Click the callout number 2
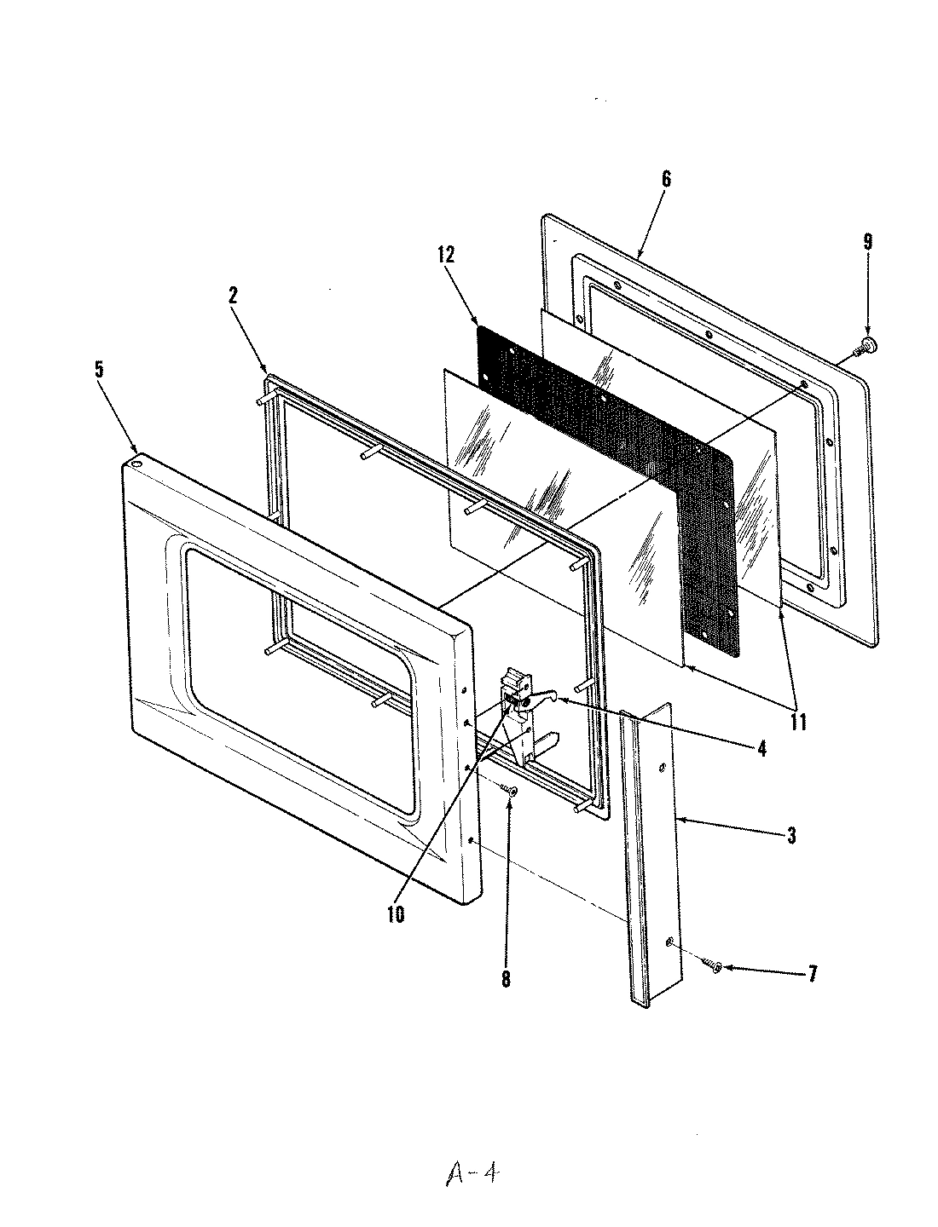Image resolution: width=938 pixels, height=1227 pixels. tap(232, 296)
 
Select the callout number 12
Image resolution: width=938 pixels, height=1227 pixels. tap(448, 255)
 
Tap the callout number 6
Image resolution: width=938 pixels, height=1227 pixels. tap(666, 179)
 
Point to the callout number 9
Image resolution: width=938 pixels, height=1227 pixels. tap(867, 242)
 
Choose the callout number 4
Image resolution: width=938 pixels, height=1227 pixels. tap(761, 749)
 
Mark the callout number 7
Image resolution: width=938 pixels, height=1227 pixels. tap(811, 974)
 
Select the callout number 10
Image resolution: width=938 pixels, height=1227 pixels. tap(395, 914)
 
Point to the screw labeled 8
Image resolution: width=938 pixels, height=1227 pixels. tap(510, 792)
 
